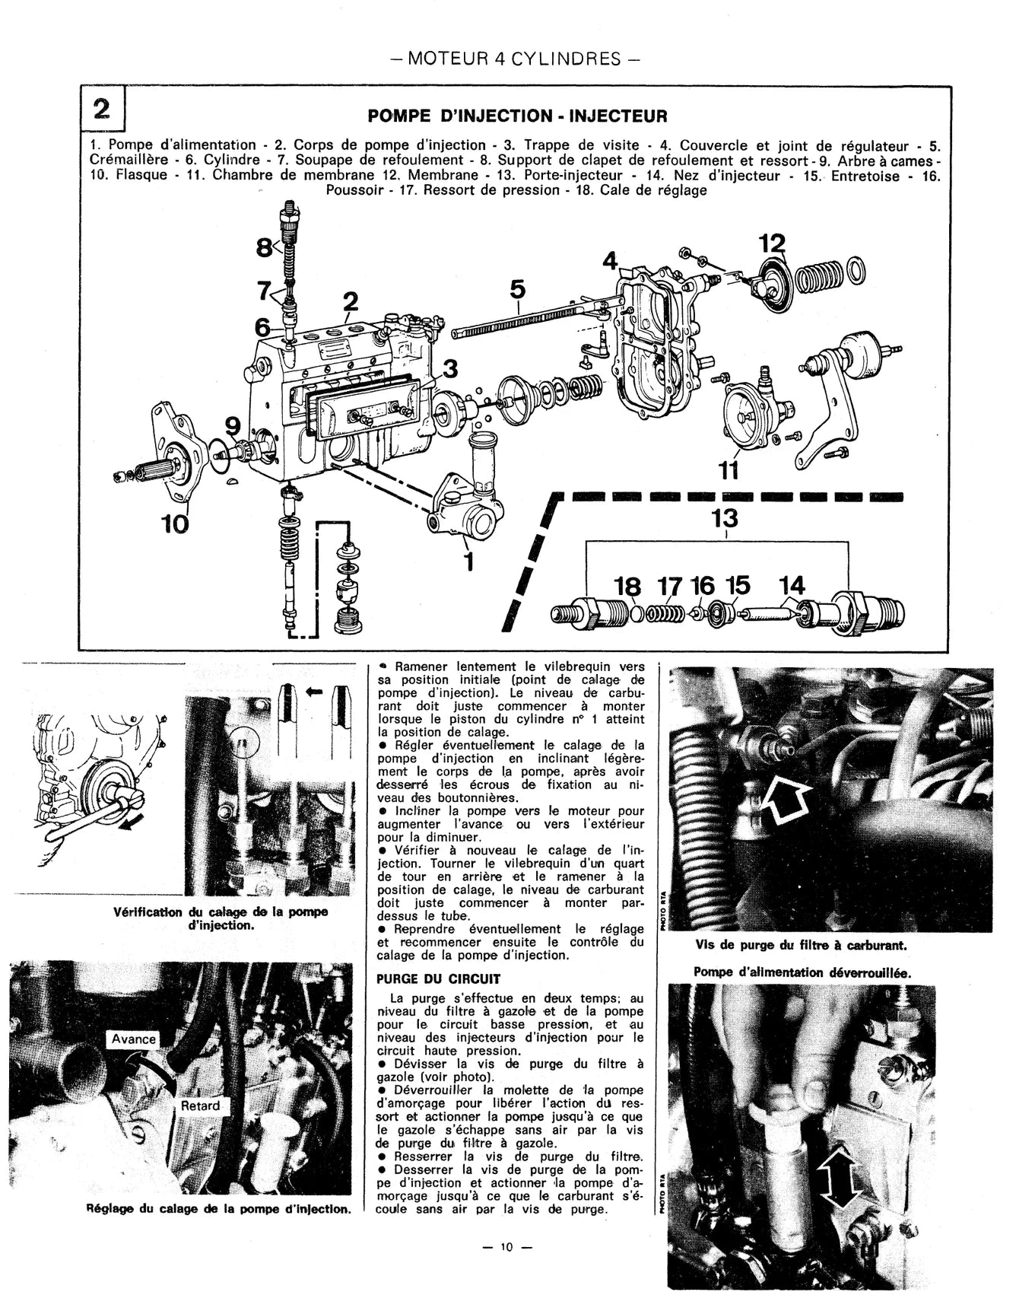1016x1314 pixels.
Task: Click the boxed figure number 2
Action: pos(102,110)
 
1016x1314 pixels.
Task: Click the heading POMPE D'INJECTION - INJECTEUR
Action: pos(517,116)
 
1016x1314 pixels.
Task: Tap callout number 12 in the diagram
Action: pos(772,244)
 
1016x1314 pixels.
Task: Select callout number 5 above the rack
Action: pos(517,289)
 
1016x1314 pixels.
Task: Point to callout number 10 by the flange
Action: pos(175,524)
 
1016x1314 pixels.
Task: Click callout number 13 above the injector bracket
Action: pos(725,518)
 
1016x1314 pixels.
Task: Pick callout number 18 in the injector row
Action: pos(627,586)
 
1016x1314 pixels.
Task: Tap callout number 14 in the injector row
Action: pos(792,585)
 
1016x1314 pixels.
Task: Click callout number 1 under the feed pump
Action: pos(468,561)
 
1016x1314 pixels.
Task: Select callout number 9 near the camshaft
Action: pos(233,425)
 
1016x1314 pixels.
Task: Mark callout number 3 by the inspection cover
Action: pos(450,369)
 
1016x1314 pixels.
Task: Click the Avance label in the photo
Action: pos(134,1039)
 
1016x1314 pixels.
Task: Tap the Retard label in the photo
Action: pos(200,1106)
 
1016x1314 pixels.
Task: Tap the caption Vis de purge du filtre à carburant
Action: pos(801,946)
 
